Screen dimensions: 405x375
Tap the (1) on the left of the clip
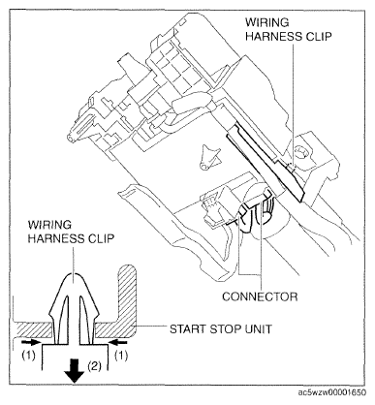(x=20, y=357)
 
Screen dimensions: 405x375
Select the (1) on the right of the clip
(x=120, y=357)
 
